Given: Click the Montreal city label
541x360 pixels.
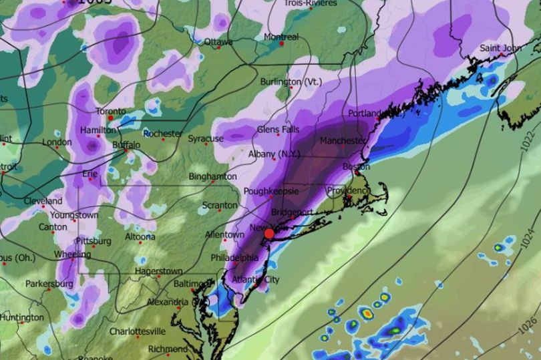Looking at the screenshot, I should (281, 36).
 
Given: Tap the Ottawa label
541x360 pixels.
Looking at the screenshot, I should (218, 41).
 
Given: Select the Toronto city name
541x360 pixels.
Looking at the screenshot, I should (110, 111).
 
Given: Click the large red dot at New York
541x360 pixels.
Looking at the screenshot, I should (268, 233).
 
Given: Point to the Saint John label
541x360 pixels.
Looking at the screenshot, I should (501, 49).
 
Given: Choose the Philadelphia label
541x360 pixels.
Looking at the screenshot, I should (234, 258).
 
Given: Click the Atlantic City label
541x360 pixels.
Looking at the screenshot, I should (256, 279).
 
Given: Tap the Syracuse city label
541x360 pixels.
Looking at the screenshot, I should (205, 139).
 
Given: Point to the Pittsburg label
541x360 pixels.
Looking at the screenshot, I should (94, 240).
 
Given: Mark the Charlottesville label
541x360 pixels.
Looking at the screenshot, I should (137, 331).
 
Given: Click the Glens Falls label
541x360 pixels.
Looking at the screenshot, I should (277, 130).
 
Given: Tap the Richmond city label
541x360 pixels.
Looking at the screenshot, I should (167, 349).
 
